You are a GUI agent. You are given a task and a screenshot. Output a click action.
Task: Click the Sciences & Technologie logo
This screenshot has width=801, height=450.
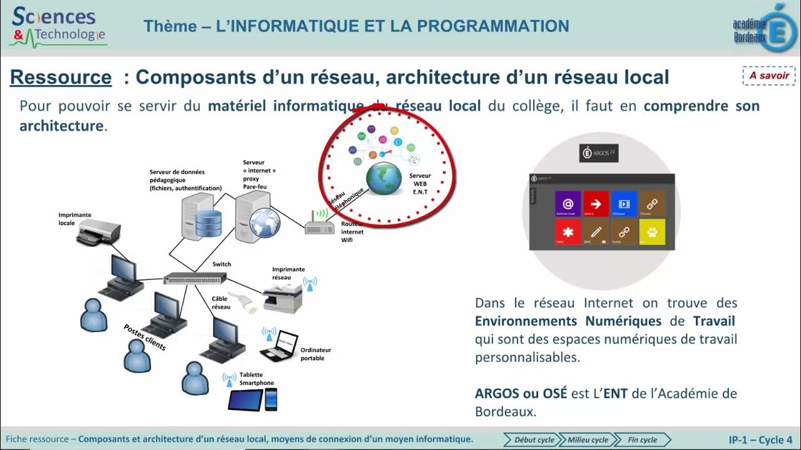click(58, 26)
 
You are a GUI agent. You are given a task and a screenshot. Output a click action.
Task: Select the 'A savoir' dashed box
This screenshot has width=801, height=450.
click(769, 75)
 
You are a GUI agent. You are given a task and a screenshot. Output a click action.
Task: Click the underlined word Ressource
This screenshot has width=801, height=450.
click(61, 77)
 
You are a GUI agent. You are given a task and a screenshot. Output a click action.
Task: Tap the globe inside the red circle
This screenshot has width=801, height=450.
click(384, 178)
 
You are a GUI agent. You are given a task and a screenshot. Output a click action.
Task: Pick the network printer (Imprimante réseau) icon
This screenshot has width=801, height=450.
click(282, 297)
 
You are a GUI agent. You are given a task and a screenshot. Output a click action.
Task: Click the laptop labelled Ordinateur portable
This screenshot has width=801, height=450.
click(278, 346)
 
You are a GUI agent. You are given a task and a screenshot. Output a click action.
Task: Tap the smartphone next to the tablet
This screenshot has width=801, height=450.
click(271, 399)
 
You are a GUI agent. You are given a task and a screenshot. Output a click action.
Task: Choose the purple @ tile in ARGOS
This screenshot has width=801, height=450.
click(568, 204)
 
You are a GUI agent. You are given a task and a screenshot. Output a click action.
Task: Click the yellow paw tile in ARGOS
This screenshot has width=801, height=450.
click(651, 232)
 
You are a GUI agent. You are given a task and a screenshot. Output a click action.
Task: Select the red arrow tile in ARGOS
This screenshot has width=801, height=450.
click(596, 204)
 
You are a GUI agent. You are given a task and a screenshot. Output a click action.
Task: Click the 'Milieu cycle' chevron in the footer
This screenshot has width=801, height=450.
click(587, 439)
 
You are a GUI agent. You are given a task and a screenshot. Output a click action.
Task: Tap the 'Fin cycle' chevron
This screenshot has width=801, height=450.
click(642, 439)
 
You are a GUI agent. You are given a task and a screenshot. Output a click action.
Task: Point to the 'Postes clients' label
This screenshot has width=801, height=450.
click(145, 337)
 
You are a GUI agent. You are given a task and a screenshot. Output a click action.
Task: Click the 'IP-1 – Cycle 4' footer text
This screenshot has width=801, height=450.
click(760, 439)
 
